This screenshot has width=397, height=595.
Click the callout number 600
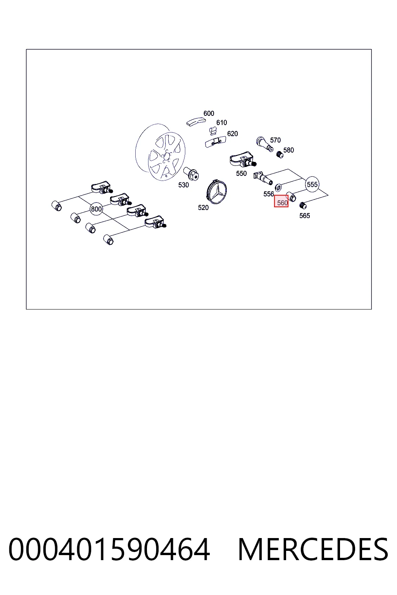point(209,113)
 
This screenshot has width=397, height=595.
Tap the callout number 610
point(221,122)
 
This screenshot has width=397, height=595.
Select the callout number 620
point(232,134)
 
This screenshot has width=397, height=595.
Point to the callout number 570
point(275,140)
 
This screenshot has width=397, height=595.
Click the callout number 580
point(288,150)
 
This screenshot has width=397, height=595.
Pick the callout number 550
point(242,174)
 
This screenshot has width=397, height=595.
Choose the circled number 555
point(312,184)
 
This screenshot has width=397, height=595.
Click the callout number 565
point(305,216)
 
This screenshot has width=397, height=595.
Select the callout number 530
point(183,185)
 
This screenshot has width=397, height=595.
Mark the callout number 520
point(203,208)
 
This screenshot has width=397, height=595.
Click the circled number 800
point(96,209)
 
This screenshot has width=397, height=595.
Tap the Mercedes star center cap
point(217,191)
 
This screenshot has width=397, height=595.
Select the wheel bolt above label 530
point(192,173)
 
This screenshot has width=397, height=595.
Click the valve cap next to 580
point(280,154)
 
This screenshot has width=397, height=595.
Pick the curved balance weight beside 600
point(196,121)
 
